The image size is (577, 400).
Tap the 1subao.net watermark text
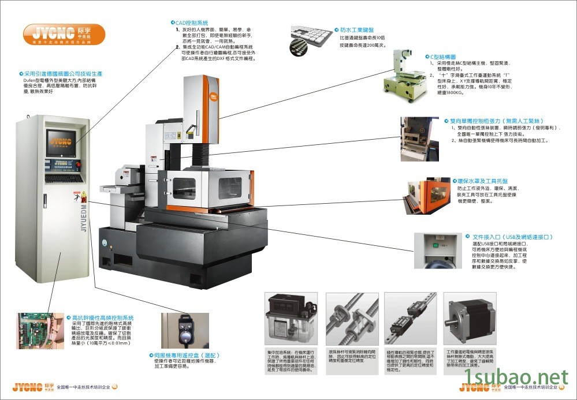pyautogui.click(x=518, y=378)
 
